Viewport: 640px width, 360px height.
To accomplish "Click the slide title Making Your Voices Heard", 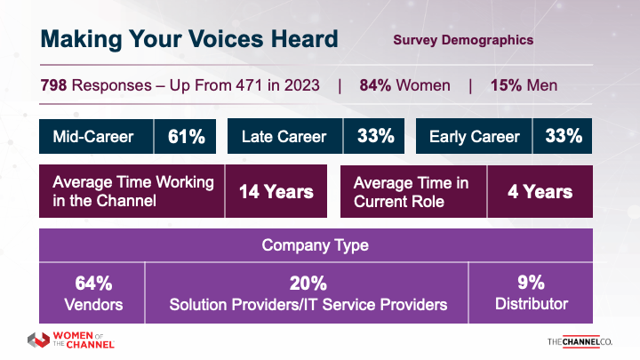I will (x=189, y=40).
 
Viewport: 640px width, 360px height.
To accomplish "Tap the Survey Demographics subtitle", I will (x=462, y=40).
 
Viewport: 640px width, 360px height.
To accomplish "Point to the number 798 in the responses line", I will (x=56, y=86).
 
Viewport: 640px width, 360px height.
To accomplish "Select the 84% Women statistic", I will (x=404, y=86).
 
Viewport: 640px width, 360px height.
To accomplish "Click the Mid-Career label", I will (x=93, y=137).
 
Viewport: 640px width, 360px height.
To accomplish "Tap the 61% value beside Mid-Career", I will (x=187, y=137).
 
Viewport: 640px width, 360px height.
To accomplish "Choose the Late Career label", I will (x=284, y=137).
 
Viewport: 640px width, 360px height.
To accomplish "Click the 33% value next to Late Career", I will (x=376, y=137).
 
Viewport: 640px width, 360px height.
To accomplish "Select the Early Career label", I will (x=474, y=137).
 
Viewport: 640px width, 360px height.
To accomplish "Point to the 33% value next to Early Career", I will (x=564, y=137).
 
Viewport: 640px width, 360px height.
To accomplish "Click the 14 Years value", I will (x=276, y=191).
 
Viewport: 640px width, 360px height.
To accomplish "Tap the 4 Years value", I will (x=540, y=191).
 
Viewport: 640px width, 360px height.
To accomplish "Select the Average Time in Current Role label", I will (x=411, y=191).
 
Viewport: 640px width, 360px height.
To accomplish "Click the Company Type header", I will (x=316, y=244).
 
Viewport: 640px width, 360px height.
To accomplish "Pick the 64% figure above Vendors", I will (x=92, y=284).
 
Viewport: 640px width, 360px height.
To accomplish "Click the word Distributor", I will (x=531, y=304).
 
